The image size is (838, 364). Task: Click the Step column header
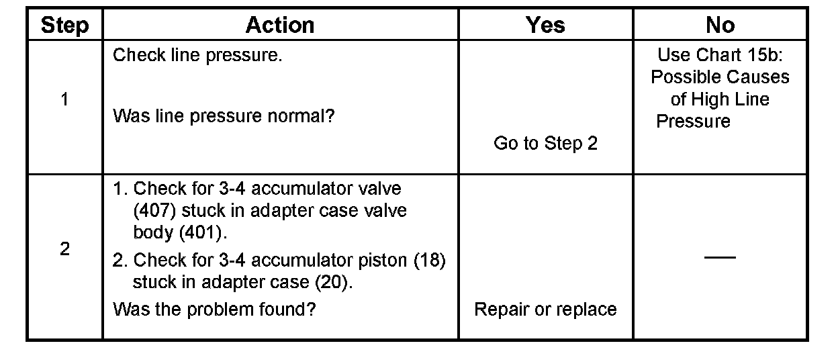click(x=64, y=26)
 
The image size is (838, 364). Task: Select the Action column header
click(x=280, y=26)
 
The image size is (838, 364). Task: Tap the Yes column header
click(x=545, y=26)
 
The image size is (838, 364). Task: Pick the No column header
click(x=720, y=26)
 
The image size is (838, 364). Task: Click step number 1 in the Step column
click(x=64, y=99)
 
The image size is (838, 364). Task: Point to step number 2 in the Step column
click(x=64, y=249)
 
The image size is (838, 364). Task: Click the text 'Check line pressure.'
click(x=197, y=55)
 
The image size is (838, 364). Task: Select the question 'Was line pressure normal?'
click(x=224, y=116)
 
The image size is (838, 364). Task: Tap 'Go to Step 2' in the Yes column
click(x=545, y=143)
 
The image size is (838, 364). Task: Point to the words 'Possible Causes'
click(x=720, y=77)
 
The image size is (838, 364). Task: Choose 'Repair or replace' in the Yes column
click(x=545, y=309)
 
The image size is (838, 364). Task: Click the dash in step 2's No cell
click(x=720, y=257)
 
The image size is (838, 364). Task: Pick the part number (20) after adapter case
click(x=333, y=282)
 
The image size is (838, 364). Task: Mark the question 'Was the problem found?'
click(x=214, y=309)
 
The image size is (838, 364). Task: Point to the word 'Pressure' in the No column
click(x=693, y=122)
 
